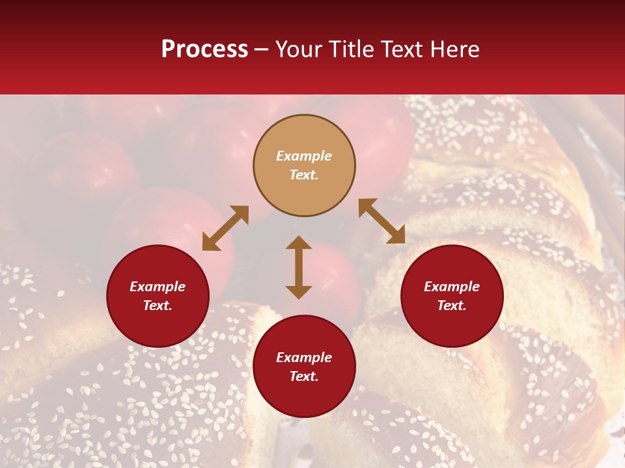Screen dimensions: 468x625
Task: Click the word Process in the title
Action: pyautogui.click(x=204, y=49)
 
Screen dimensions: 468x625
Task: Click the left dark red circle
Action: pyautogui.click(x=158, y=296)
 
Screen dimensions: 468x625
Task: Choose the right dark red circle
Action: pyautogui.click(x=452, y=296)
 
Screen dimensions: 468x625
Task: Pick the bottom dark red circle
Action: pyautogui.click(x=304, y=367)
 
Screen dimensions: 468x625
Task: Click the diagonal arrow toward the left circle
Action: pyautogui.click(x=225, y=228)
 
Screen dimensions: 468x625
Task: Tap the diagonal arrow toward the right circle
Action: pyautogui.click(x=382, y=221)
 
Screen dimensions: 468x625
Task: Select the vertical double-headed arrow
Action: pyautogui.click(x=299, y=267)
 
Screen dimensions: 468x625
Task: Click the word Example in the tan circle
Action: pyautogui.click(x=304, y=156)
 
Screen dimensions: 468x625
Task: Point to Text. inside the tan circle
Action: pyautogui.click(x=304, y=175)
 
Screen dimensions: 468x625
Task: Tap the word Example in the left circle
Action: pyautogui.click(x=158, y=287)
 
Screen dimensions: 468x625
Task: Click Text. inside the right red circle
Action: pyautogui.click(x=452, y=305)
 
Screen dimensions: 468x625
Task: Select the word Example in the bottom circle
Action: pyautogui.click(x=304, y=357)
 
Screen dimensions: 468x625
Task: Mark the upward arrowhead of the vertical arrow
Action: pyautogui.click(x=299, y=242)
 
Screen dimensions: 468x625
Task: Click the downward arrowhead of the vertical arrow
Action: pyautogui.click(x=299, y=292)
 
